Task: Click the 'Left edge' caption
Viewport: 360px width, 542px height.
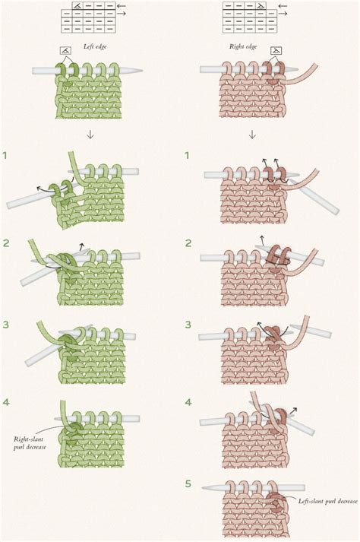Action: pos(95,46)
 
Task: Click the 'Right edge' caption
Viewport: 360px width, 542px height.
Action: pos(243,46)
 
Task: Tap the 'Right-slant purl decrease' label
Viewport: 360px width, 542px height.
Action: pos(30,443)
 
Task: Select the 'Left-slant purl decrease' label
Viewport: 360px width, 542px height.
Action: pos(327,501)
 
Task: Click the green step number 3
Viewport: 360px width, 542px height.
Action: pos(5,325)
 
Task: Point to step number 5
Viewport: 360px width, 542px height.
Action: pos(188,483)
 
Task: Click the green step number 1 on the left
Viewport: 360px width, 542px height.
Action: pos(5,156)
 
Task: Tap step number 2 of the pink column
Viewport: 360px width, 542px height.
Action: pos(188,243)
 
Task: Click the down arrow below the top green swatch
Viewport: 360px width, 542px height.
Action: pos(90,135)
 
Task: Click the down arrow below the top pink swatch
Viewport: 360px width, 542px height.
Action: pos(252,135)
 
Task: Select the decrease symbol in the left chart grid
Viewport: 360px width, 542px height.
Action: pos(78,5)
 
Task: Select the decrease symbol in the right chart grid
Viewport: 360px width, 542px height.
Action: pos(261,5)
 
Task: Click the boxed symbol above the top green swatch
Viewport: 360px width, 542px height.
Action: pos(65,51)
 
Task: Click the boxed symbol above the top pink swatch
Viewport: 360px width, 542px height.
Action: pos(276,51)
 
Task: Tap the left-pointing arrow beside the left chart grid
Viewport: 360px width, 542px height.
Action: pos(122,6)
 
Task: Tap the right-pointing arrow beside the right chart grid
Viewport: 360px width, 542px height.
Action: pos(283,14)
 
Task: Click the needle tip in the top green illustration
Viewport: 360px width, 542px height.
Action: pos(142,71)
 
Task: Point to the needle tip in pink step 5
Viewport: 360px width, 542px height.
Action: pos(203,488)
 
